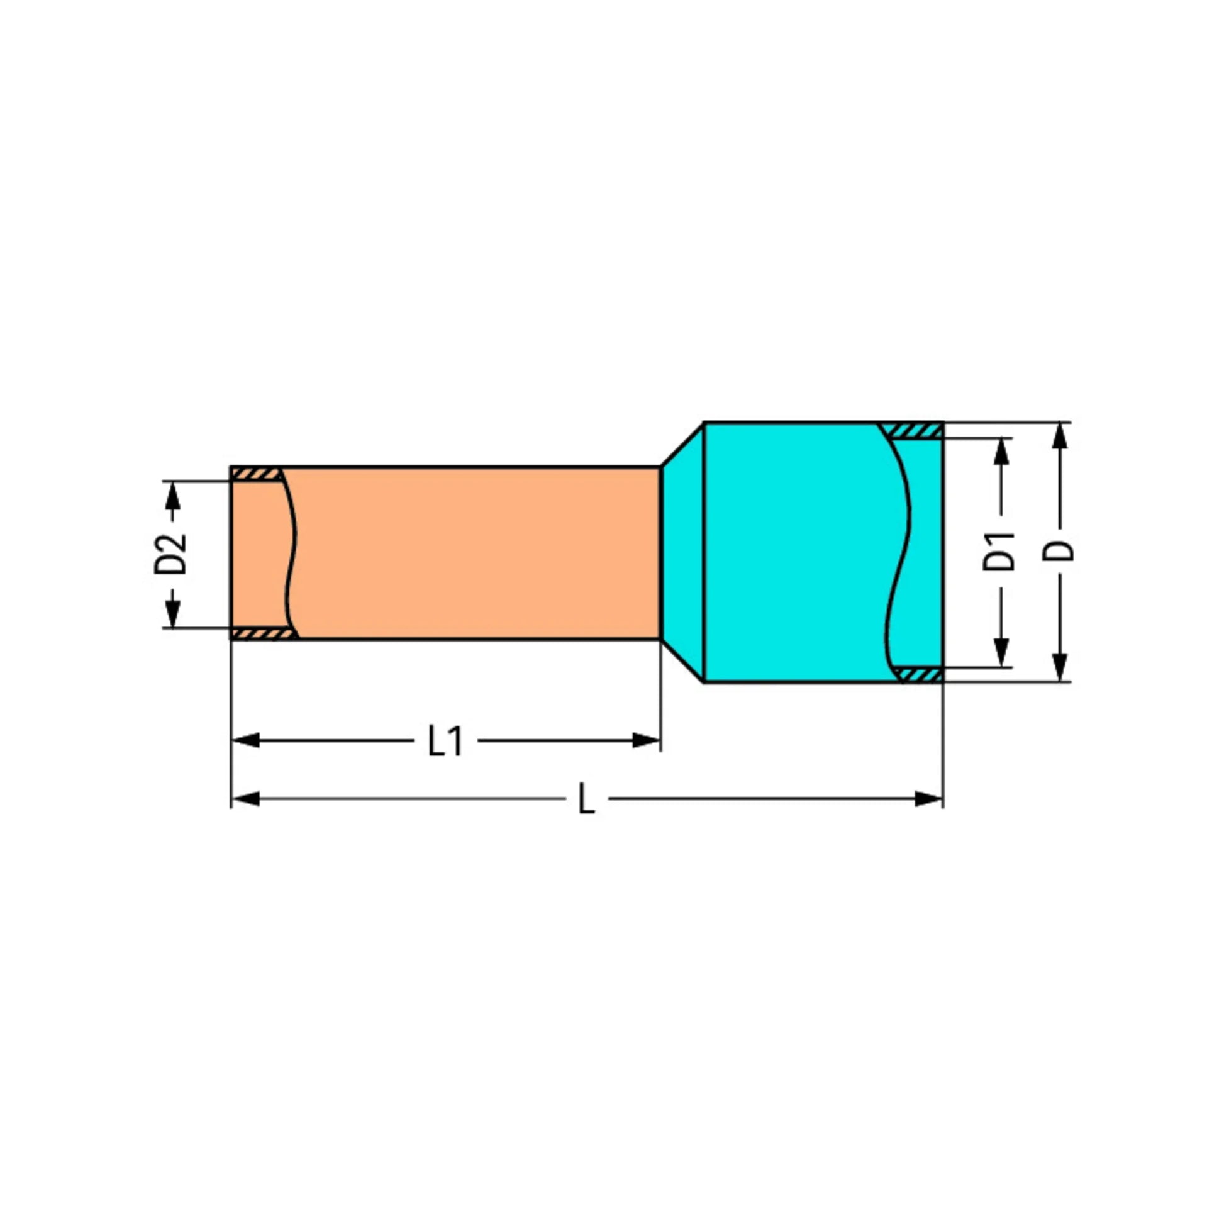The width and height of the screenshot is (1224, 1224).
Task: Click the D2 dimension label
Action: (171, 554)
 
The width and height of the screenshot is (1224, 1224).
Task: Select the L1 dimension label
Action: (445, 740)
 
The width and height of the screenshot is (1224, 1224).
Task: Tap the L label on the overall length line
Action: (587, 799)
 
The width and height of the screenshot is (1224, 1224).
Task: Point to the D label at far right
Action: (1059, 550)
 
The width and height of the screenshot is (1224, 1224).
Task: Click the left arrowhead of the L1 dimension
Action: (246, 740)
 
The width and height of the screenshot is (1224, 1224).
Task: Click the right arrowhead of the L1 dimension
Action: (647, 740)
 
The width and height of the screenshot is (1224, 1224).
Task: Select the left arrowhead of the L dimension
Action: (246, 799)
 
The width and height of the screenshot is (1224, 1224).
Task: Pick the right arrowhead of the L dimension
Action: (929, 799)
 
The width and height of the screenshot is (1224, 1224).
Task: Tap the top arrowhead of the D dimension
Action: (1059, 437)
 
